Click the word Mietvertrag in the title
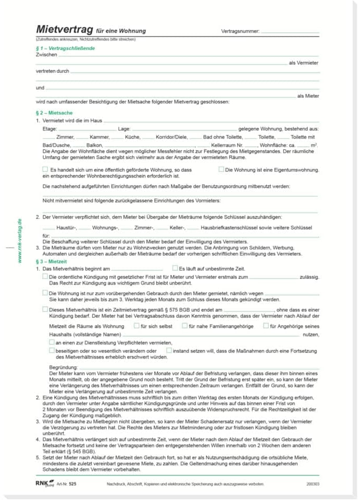[65, 30]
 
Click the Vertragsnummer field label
[240, 31]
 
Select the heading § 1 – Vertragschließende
[65, 48]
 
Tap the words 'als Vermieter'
[304, 63]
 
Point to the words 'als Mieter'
[308, 96]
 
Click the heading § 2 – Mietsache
[54, 113]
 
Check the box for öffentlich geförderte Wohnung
[45, 169]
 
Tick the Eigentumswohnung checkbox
[221, 169]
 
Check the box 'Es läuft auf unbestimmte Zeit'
[175, 268]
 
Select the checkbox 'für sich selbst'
[136, 326]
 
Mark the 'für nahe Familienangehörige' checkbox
[184, 326]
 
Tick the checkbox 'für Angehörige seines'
[266, 326]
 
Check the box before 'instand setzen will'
[169, 351]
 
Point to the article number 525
[72, 484]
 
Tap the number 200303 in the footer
[313, 484]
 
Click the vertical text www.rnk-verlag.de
[20, 241]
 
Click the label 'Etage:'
[49, 128]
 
